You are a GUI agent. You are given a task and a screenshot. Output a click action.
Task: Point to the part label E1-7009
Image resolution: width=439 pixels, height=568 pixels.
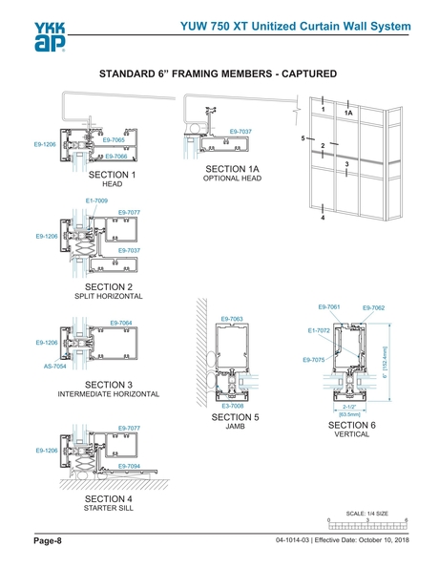pos(97,200)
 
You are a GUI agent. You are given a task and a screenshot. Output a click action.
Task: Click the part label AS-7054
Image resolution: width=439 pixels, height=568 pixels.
pos(54,366)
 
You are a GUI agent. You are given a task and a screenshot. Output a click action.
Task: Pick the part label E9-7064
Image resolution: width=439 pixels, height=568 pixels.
pos(121,324)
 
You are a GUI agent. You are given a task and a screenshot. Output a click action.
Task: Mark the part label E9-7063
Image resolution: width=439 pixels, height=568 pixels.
pos(232,319)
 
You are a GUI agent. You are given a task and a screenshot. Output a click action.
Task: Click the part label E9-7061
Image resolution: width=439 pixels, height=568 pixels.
pos(327,306)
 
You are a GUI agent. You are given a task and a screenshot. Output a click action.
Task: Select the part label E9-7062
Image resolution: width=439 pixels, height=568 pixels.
pos(373,307)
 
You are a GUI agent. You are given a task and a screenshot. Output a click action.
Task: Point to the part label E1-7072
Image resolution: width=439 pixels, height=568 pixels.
pos(319,330)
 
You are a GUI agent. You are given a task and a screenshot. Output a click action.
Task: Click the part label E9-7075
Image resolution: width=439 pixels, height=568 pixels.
pos(313,359)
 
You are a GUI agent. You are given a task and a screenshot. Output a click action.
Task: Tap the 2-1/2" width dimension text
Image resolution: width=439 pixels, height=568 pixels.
pos(348,407)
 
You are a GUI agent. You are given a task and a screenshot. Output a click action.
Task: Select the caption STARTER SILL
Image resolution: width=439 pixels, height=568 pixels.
pos(109,508)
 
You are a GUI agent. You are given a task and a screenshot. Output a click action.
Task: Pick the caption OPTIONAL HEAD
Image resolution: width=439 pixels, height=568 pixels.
pos(232,179)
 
